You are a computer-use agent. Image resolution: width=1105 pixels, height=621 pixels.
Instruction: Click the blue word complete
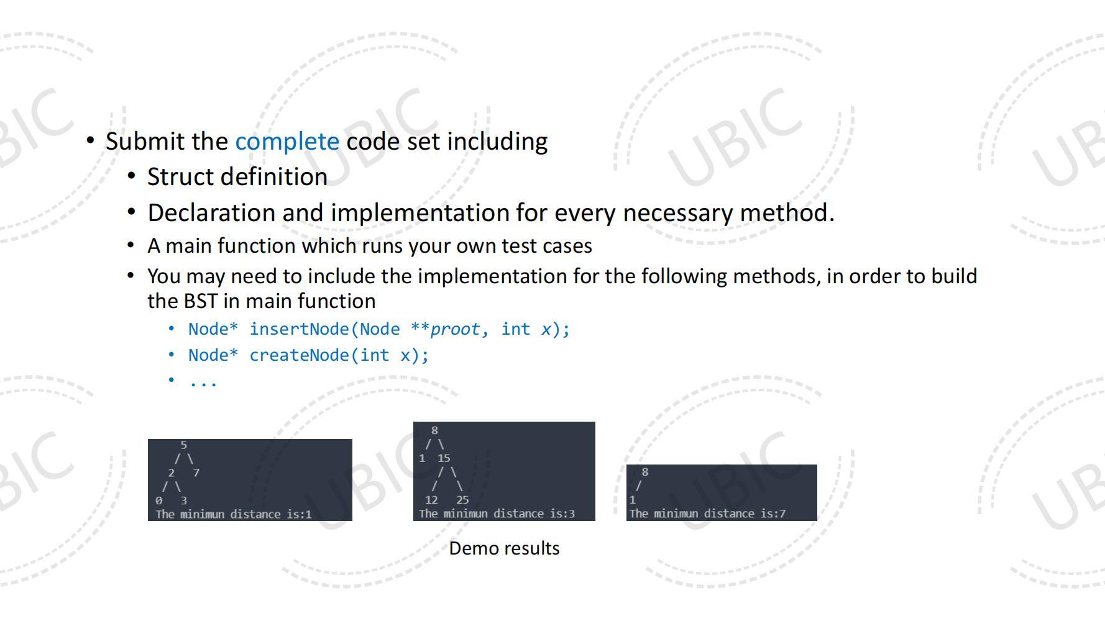click(287, 142)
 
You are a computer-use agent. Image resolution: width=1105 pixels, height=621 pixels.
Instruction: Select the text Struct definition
click(237, 177)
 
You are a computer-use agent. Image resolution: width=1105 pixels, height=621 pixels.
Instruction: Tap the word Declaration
click(212, 213)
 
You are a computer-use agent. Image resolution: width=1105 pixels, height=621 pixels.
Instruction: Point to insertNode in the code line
click(300, 329)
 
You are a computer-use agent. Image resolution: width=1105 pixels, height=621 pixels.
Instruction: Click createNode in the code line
click(300, 355)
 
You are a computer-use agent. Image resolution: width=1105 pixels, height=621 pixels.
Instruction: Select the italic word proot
click(455, 330)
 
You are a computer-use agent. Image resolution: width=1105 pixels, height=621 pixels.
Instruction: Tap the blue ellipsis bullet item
click(203, 382)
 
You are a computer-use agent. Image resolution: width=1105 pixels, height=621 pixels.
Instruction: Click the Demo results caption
click(504, 548)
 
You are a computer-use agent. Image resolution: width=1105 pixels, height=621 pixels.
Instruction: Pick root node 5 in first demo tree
click(184, 445)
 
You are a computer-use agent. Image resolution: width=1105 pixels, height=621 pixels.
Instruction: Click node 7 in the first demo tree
click(196, 473)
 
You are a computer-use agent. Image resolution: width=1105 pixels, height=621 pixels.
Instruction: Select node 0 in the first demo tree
click(159, 501)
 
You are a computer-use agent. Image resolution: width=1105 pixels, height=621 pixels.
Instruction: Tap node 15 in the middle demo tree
click(444, 458)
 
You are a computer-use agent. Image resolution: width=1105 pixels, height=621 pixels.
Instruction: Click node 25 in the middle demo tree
click(462, 500)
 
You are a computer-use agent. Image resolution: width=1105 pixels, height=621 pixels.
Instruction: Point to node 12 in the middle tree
click(431, 500)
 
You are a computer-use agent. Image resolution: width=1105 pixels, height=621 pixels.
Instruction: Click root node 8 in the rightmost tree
click(645, 472)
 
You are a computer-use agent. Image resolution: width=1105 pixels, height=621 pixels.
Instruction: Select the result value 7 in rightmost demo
click(782, 514)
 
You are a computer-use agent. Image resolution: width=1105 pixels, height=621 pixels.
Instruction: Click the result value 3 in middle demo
click(571, 514)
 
